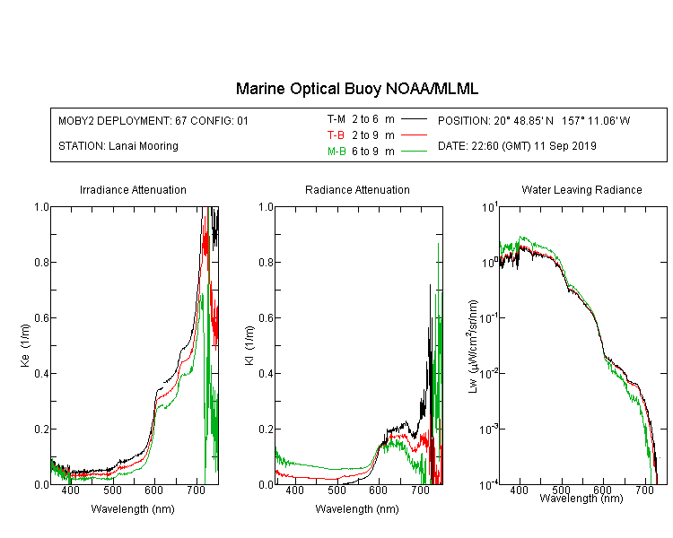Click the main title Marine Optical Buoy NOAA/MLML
[x=356, y=89]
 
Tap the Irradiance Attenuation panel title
[x=133, y=189]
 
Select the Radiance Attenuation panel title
[x=357, y=189]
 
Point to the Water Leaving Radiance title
[x=581, y=189]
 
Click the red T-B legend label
[x=336, y=135]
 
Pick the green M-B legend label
[x=336, y=152]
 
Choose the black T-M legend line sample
[x=414, y=119]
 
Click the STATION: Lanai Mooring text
[x=118, y=146]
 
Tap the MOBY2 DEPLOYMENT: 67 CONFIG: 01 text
[x=153, y=120]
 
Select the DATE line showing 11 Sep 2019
[x=517, y=146]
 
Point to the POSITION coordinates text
[x=534, y=120]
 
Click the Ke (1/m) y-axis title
[x=25, y=346]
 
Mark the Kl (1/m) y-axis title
[x=249, y=346]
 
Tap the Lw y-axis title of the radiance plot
[x=473, y=346]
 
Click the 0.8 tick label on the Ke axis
[x=41, y=262]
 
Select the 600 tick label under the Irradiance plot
[x=154, y=490]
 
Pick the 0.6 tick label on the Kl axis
[x=266, y=318]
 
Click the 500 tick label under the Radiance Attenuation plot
[x=336, y=490]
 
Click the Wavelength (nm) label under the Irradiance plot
[x=133, y=509]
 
